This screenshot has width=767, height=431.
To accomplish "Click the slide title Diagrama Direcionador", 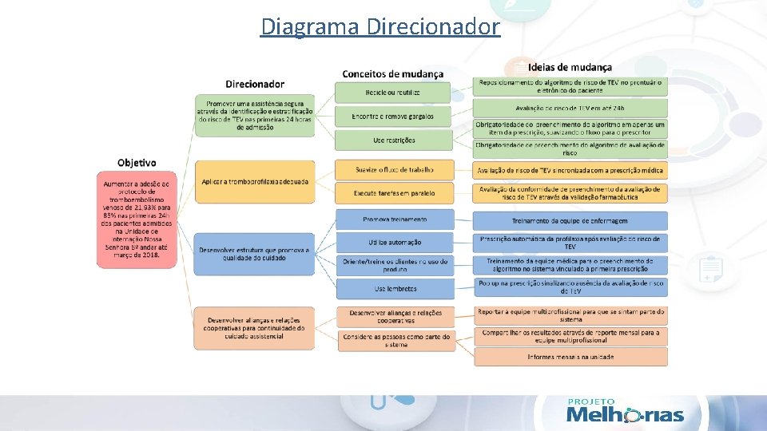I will click(x=380, y=26).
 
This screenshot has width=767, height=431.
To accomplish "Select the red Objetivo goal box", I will click(x=136, y=219).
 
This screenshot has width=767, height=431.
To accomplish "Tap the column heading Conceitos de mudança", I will click(x=392, y=73).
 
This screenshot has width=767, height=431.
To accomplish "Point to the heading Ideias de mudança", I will click(x=570, y=67).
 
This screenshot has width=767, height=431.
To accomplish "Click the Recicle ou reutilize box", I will click(x=394, y=93).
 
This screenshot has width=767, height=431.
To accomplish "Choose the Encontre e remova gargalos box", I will click(x=394, y=117).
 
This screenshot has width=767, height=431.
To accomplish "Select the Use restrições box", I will click(x=394, y=140).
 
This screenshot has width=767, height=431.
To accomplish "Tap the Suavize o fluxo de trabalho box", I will click(x=394, y=169).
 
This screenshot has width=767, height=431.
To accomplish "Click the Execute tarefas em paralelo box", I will click(x=394, y=192).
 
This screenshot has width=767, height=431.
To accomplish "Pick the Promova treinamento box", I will click(x=395, y=219).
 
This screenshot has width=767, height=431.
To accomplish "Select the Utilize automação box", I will click(x=395, y=242).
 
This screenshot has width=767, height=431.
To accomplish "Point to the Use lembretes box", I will click(x=395, y=288).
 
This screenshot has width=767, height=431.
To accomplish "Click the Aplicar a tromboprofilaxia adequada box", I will click(x=255, y=183).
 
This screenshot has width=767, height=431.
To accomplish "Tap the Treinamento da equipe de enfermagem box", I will click(x=570, y=220).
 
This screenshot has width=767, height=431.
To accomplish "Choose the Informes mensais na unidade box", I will click(x=570, y=357).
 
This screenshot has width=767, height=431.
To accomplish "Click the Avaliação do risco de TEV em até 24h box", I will click(x=570, y=108).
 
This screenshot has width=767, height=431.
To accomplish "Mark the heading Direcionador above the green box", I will click(x=255, y=84).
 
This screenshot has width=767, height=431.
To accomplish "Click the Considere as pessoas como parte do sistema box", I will click(x=395, y=340).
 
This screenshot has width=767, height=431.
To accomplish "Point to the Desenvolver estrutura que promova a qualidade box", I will click(x=255, y=254).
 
